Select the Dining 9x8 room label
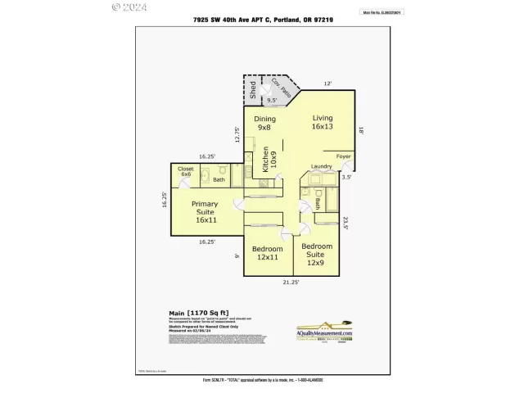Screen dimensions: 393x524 click(x=264, y=124)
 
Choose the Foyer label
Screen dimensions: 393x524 click(x=345, y=156)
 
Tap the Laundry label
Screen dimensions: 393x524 click(x=322, y=167)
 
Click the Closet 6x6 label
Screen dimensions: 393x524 click(x=186, y=171)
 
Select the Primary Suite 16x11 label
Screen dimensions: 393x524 click(x=205, y=212)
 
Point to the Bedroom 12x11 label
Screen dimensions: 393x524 click(x=267, y=253)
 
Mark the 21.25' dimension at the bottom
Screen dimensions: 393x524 click(x=290, y=282)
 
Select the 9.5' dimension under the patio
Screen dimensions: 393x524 click(x=261, y=101)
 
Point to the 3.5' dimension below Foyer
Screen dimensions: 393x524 click(x=346, y=177)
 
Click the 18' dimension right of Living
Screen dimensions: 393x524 click(x=360, y=128)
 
